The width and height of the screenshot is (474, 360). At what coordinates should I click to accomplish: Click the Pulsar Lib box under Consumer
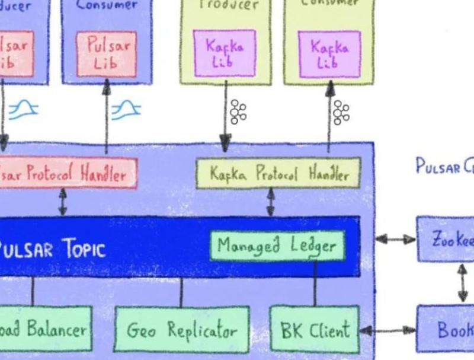point(106,54)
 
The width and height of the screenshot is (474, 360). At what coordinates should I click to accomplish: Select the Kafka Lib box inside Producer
point(225,53)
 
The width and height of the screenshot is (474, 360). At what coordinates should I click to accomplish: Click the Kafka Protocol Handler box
point(278,174)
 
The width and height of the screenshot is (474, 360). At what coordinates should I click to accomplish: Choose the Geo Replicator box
point(181,329)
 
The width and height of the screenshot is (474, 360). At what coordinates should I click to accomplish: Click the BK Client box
point(315,329)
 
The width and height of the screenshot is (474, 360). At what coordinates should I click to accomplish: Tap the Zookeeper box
point(446,240)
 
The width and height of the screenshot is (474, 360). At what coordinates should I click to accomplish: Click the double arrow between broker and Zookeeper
point(396,240)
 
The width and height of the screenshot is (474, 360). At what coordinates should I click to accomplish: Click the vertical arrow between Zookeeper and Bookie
point(462,283)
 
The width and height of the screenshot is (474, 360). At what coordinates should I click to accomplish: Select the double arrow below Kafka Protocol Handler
point(271,203)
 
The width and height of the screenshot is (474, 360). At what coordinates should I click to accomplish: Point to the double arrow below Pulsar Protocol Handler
point(62,203)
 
